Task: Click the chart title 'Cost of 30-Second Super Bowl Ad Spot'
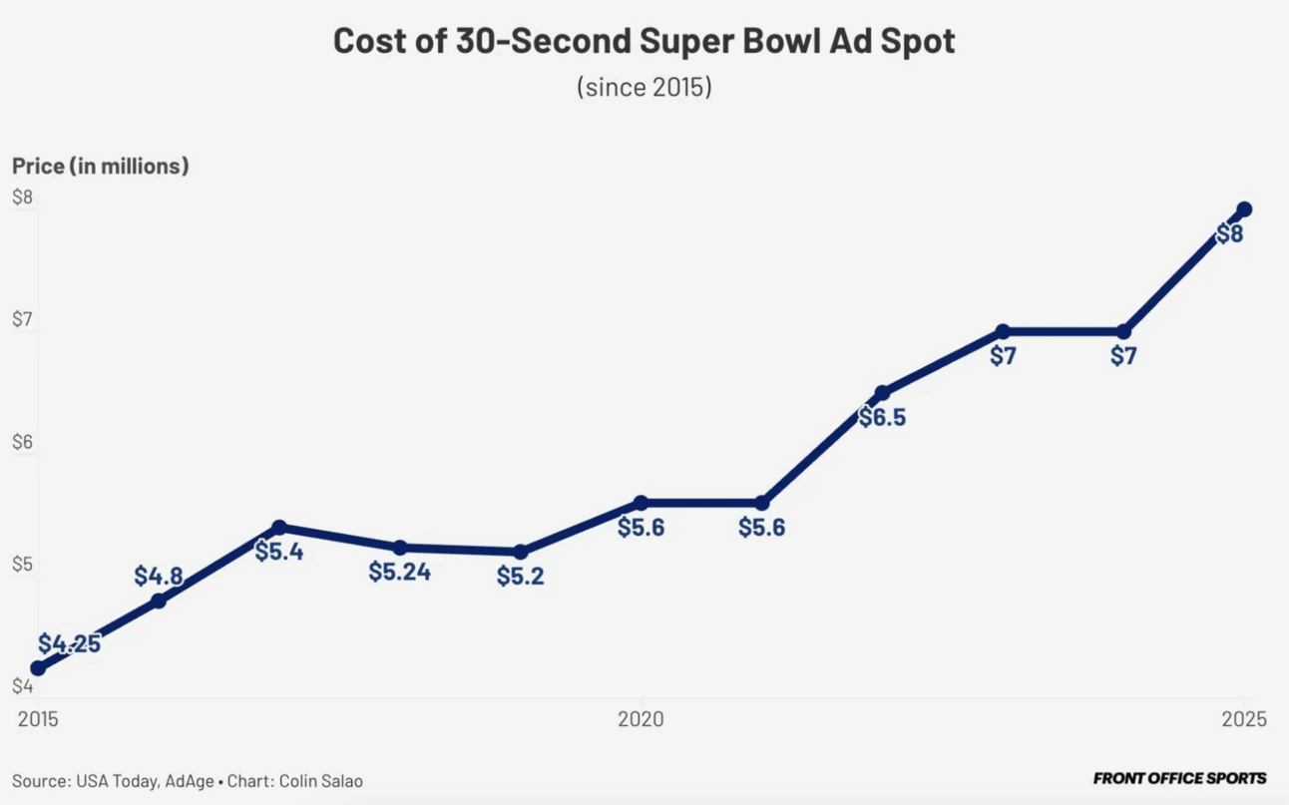[x=644, y=42]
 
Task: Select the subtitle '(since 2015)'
[x=644, y=87]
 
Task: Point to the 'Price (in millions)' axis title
[x=100, y=167]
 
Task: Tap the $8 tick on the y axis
[x=22, y=198]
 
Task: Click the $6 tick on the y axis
[x=22, y=442]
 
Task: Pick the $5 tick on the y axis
[x=22, y=565]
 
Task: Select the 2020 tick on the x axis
[x=641, y=719]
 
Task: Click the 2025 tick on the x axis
[x=1243, y=719]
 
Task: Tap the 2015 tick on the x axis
[x=38, y=719]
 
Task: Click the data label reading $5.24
[x=399, y=573]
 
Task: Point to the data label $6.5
[x=882, y=417]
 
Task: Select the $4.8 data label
[x=159, y=576]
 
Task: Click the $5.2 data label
[x=521, y=576]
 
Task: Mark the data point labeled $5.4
[x=279, y=527]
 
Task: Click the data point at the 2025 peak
[x=1244, y=209]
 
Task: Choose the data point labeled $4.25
[x=38, y=668]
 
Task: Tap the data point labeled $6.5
[x=882, y=392]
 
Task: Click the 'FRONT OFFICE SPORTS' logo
[x=1179, y=778]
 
